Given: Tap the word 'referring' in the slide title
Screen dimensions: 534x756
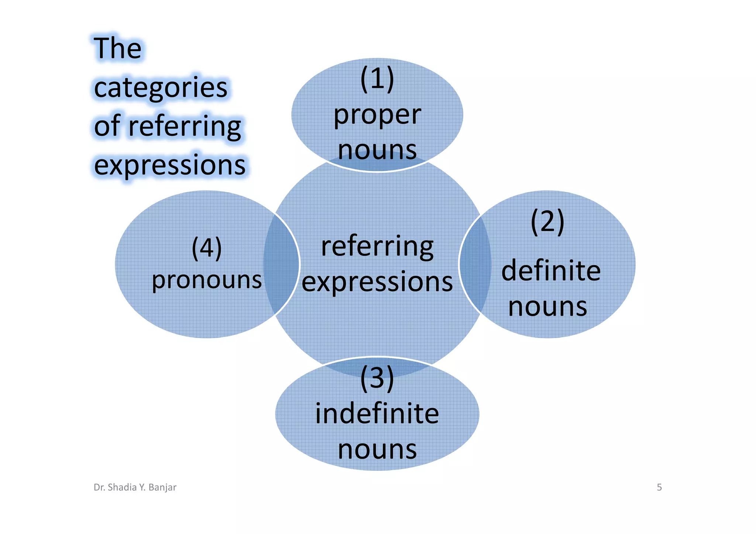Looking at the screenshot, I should [x=185, y=127].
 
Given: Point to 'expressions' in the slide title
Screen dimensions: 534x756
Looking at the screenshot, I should [x=170, y=165].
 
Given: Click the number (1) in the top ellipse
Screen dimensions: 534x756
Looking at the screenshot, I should [x=377, y=79].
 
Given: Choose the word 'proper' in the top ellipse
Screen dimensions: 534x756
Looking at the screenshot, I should [x=377, y=115].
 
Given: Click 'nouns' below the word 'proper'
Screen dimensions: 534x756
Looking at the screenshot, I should [x=377, y=150].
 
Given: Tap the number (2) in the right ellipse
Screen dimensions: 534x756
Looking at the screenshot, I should [x=547, y=222].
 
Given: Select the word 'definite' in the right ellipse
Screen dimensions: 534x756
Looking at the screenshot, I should [x=551, y=271].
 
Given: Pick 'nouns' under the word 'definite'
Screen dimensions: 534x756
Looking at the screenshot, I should [x=547, y=307].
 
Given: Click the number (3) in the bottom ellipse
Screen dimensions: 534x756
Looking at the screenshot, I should [x=377, y=378].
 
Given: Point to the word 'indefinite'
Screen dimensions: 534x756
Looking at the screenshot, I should [x=377, y=414].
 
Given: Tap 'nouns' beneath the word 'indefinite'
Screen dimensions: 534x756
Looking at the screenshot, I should [x=377, y=449].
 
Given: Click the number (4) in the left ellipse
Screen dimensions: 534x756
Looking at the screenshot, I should [x=207, y=248].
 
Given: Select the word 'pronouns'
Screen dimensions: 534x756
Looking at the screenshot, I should [x=207, y=280].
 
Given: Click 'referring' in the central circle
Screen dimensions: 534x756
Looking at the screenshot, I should [x=377, y=247].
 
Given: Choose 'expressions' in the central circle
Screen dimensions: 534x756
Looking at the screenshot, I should [x=377, y=282].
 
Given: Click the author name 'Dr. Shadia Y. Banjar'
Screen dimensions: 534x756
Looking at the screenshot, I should [x=135, y=488].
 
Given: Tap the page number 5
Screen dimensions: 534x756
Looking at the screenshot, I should [x=659, y=488].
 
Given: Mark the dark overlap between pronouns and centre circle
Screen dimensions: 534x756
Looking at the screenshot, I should [x=281, y=264].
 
